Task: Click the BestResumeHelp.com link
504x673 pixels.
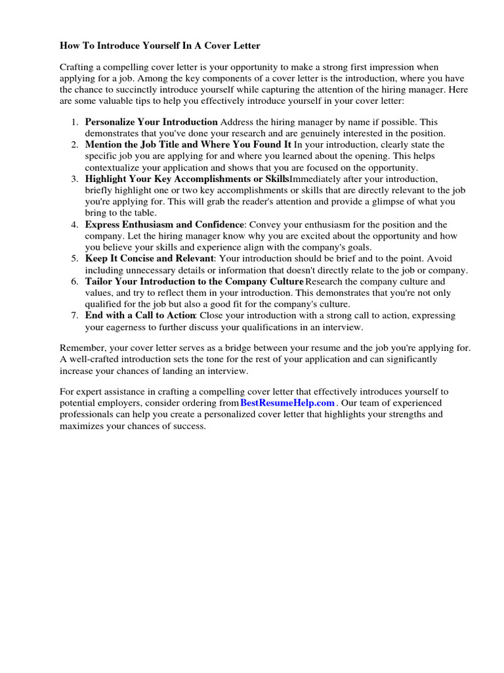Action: [x=287, y=402]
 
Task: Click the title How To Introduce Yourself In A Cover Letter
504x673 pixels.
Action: [x=160, y=46]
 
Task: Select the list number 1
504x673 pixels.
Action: [x=75, y=122]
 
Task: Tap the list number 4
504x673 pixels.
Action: [x=75, y=225]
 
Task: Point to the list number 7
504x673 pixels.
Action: [x=75, y=315]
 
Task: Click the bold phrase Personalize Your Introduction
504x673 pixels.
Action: [x=152, y=122]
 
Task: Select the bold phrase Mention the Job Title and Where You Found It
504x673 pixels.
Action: [x=188, y=145]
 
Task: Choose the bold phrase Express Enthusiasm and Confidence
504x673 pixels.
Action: [x=165, y=225]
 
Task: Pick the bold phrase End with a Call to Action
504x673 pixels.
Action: [x=140, y=315]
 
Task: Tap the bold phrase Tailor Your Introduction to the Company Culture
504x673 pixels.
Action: [x=194, y=281]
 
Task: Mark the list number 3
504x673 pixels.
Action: [x=75, y=179]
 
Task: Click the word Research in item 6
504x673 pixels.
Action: [x=328, y=281]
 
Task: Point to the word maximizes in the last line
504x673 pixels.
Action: [x=83, y=426]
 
